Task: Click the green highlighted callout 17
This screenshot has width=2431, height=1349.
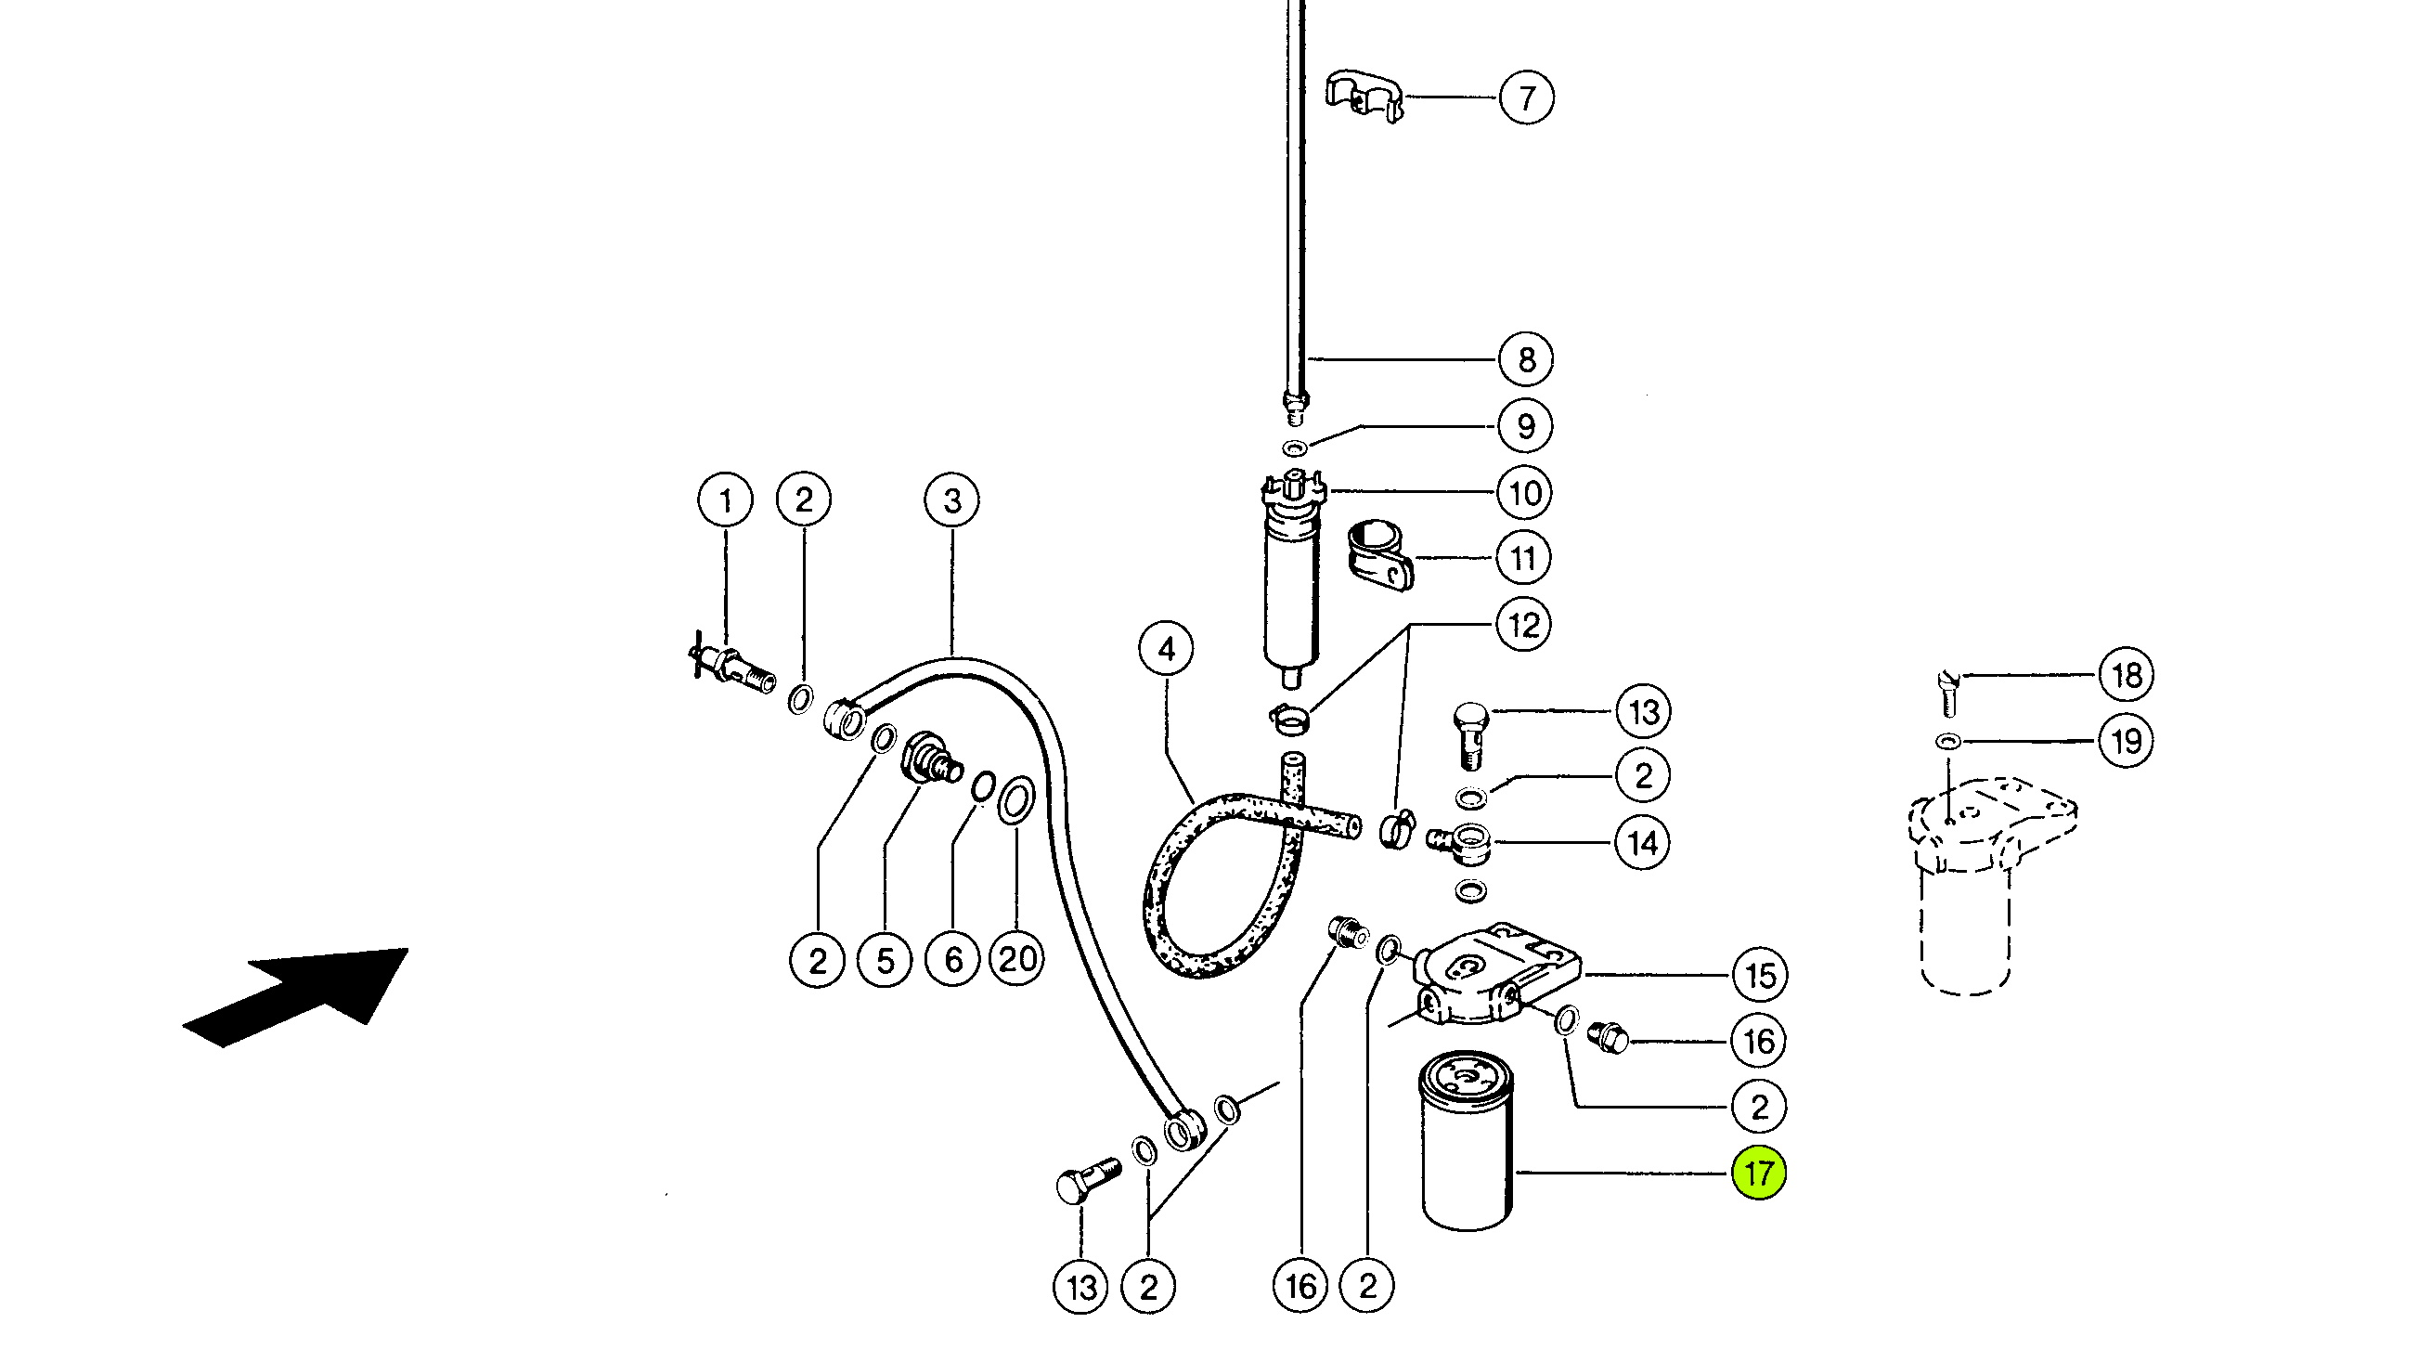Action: [x=1759, y=1174]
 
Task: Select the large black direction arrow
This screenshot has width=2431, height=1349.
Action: [x=295, y=997]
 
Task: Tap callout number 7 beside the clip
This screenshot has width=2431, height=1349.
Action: [x=1527, y=97]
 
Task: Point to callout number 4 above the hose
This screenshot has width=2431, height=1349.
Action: [x=1167, y=649]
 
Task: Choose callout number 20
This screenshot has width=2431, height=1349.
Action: [x=1017, y=959]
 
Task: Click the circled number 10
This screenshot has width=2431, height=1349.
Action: [x=1525, y=493]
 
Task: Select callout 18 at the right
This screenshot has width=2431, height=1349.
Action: [x=2127, y=675]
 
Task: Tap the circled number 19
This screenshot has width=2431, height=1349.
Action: [x=2127, y=741]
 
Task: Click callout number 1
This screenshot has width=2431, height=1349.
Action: [x=726, y=500]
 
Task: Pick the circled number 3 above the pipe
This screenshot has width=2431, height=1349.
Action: [x=952, y=500]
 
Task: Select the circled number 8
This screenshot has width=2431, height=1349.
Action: [x=1526, y=359]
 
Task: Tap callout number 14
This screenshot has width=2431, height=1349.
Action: [x=1642, y=842]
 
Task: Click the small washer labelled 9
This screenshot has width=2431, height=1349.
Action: [x=1295, y=448]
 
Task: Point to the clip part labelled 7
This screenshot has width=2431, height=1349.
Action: [x=1364, y=96]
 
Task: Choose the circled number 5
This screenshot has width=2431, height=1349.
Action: [x=885, y=960]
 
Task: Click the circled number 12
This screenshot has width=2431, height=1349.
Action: [x=1524, y=625]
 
